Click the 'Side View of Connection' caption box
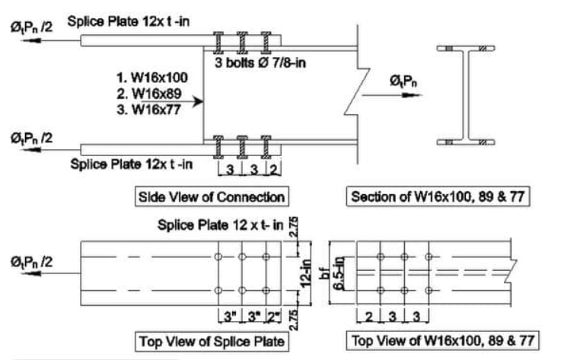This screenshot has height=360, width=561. [212, 196]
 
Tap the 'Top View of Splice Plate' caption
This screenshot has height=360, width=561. [211, 341]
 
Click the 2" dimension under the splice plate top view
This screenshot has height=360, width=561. [273, 314]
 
